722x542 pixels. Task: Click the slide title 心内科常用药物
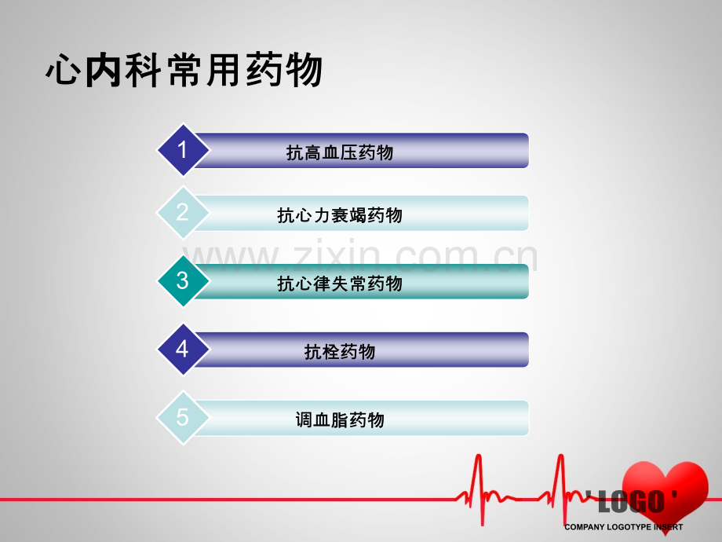point(184,70)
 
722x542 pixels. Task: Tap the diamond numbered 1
point(183,150)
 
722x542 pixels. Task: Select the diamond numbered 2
point(183,212)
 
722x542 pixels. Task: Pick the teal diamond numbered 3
point(183,280)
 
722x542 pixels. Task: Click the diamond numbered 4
point(183,349)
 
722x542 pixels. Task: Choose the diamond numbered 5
point(183,417)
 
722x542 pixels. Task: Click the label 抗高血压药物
point(340,152)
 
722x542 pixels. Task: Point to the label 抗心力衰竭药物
point(340,215)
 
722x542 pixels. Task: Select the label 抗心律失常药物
point(340,284)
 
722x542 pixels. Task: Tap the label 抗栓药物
point(340,352)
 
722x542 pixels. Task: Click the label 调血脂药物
point(340,420)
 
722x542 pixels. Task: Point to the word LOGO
point(631,502)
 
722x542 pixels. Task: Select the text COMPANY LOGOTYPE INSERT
point(624,527)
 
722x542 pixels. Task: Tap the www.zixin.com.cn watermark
point(360,256)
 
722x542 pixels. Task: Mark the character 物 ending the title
point(304,70)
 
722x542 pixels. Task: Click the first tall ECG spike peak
point(479,456)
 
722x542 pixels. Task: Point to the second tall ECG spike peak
point(561,456)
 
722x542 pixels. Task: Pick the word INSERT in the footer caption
point(668,527)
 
